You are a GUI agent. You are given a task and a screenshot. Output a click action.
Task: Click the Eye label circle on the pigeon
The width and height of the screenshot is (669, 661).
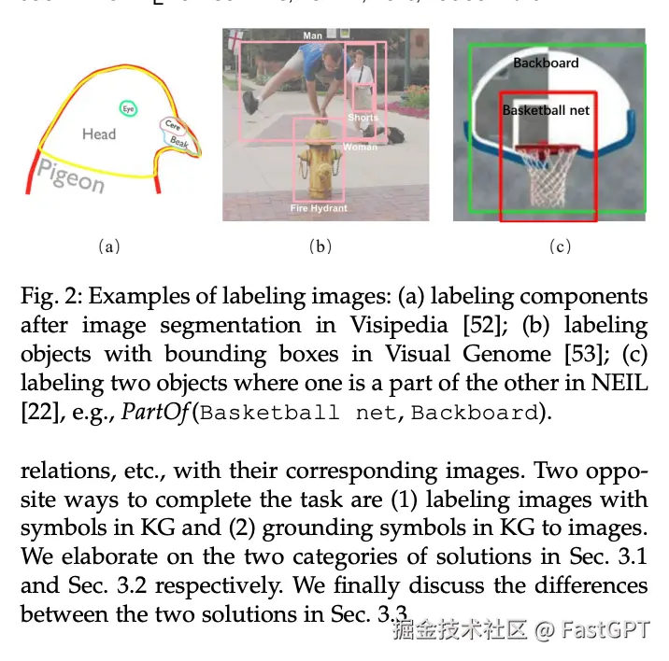(x=128, y=108)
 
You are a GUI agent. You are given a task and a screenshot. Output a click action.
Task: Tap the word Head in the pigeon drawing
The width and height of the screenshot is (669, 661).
(x=98, y=134)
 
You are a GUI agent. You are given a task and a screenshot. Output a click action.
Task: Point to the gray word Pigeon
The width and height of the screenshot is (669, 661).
(x=70, y=175)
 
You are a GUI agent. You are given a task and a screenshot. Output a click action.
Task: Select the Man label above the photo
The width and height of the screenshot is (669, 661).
(x=313, y=35)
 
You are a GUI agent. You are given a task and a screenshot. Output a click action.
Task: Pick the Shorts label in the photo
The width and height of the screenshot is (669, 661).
(x=363, y=118)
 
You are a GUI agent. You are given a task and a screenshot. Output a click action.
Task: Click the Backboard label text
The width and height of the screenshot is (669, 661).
(x=546, y=63)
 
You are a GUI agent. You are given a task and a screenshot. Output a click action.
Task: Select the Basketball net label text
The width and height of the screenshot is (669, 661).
(x=547, y=110)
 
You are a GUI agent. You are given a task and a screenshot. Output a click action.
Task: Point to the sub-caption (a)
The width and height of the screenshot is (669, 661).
(x=109, y=246)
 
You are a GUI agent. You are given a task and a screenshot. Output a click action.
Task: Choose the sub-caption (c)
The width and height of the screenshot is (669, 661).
(x=560, y=246)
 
